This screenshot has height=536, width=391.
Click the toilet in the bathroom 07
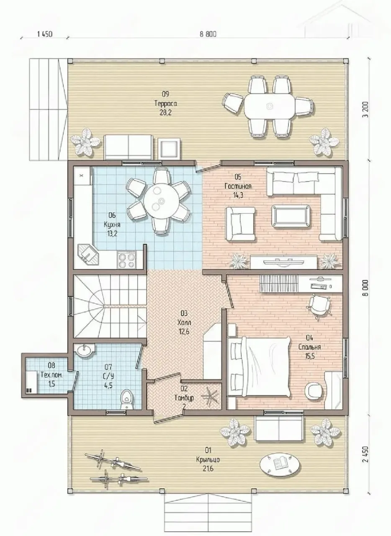pos(127,399)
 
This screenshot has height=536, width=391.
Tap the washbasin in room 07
pos(84,351)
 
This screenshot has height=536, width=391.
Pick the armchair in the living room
pos(240,224)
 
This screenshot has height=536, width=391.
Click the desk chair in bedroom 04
pos(320,307)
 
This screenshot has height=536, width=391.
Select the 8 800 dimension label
pos(208,34)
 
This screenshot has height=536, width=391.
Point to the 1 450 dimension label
pos(45,34)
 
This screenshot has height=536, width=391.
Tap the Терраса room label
pos(166,103)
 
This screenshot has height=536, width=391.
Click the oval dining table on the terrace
pos(270,106)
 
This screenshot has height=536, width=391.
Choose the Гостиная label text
pos(238,186)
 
